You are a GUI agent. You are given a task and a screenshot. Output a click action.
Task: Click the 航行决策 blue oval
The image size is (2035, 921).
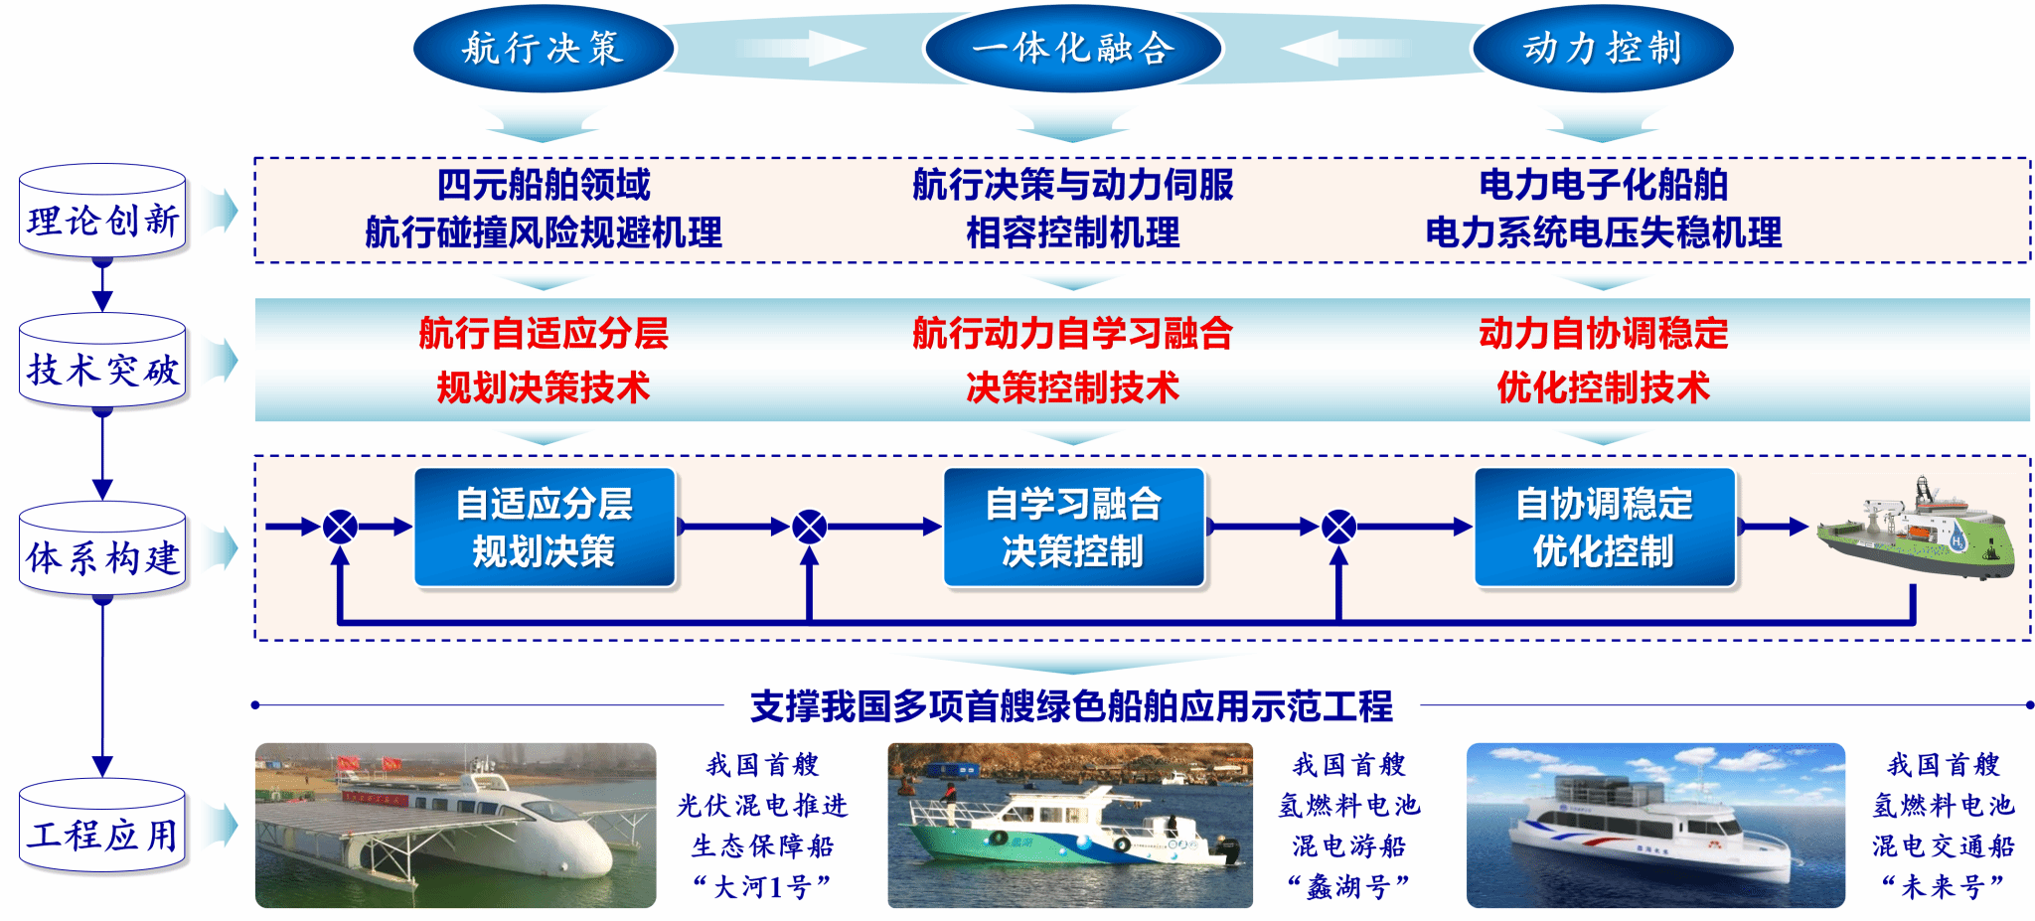pyautogui.click(x=544, y=48)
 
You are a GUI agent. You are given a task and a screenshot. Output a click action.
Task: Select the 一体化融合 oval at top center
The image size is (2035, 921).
pyautogui.click(x=1073, y=48)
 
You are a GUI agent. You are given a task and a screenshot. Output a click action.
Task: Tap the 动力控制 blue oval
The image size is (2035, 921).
pyautogui.click(x=1603, y=48)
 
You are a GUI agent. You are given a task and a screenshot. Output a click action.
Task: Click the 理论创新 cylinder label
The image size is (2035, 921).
pyautogui.click(x=102, y=212)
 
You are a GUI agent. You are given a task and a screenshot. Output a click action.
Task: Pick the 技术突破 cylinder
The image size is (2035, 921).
pyautogui.click(x=102, y=361)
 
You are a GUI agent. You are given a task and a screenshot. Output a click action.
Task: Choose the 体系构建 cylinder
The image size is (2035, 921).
pyautogui.click(x=102, y=548)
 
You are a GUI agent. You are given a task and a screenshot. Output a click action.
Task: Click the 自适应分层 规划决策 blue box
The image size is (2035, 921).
pyautogui.click(x=545, y=528)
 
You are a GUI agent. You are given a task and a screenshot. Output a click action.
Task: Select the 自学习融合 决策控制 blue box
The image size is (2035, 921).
pyautogui.click(x=1074, y=528)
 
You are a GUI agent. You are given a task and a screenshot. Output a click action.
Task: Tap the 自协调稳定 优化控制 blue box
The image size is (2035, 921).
pyautogui.click(x=1605, y=528)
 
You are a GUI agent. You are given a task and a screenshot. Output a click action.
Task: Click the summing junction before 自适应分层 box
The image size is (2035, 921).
pyautogui.click(x=340, y=527)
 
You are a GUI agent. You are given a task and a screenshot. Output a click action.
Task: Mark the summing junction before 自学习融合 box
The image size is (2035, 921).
pyautogui.click(x=810, y=527)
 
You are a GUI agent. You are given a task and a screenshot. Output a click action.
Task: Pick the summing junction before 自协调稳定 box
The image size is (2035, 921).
pyautogui.click(x=1339, y=527)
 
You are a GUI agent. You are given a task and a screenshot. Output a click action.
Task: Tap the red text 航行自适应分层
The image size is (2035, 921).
pyautogui.click(x=544, y=334)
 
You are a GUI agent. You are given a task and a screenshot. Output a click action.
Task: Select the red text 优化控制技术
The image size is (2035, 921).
pyautogui.click(x=1604, y=387)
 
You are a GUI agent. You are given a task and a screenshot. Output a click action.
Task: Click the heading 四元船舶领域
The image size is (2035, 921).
pyautogui.click(x=544, y=185)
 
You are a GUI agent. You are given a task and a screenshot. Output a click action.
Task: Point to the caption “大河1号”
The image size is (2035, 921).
pyautogui.click(x=763, y=886)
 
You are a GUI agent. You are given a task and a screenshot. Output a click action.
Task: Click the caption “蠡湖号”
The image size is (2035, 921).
pyautogui.click(x=1349, y=886)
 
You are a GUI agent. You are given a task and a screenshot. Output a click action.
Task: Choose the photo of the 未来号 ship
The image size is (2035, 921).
pyautogui.click(x=1655, y=826)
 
